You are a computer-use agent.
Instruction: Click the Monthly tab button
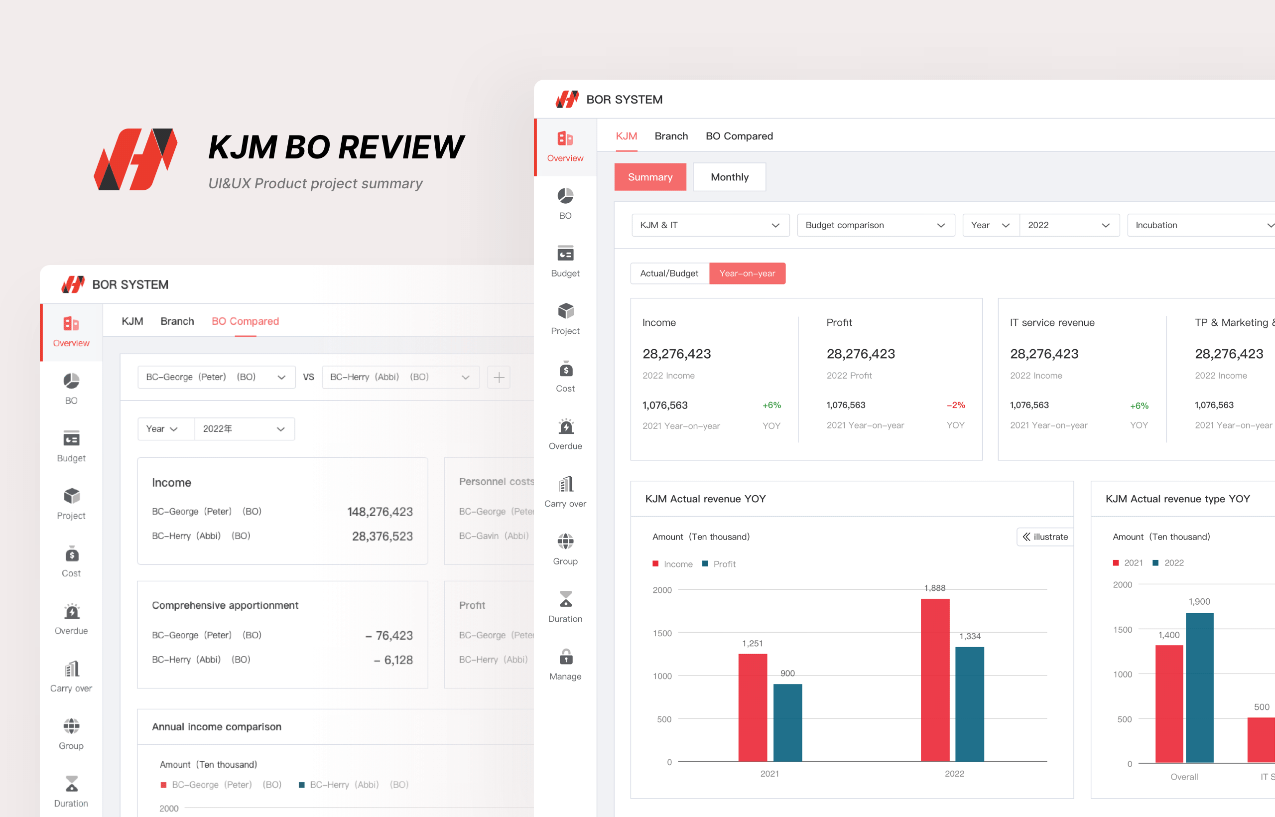pyautogui.click(x=729, y=177)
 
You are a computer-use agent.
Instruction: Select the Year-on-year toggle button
pyautogui.click(x=747, y=273)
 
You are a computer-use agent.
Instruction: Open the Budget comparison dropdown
pyautogui.click(x=876, y=225)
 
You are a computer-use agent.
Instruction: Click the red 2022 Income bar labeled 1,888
pyautogui.click(x=935, y=680)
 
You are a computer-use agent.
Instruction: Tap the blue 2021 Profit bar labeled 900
pyautogui.click(x=787, y=722)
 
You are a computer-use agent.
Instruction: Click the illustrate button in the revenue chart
pyautogui.click(x=1045, y=537)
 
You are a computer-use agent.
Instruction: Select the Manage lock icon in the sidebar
pyautogui.click(x=565, y=657)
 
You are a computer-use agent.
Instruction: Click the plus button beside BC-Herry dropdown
pyautogui.click(x=499, y=377)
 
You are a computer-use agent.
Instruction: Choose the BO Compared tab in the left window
pyautogui.click(x=245, y=321)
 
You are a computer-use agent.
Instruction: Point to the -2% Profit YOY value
pyautogui.click(x=956, y=406)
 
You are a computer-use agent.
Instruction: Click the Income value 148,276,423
pyautogui.click(x=380, y=512)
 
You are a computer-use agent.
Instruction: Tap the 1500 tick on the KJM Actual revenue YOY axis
pyautogui.click(x=662, y=633)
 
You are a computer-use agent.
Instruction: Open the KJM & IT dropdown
pyautogui.click(x=710, y=225)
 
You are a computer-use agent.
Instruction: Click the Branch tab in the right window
pyautogui.click(x=671, y=136)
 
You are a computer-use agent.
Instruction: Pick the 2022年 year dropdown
pyautogui.click(x=245, y=428)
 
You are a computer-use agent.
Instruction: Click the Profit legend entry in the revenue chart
pyautogui.click(x=719, y=564)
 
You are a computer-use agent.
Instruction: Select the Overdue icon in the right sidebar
pyautogui.click(x=565, y=426)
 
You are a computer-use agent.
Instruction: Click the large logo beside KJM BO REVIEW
pyautogui.click(x=136, y=159)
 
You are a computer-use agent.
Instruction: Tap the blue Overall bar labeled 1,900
pyautogui.click(x=1199, y=687)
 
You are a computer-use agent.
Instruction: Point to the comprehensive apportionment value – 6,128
pyautogui.click(x=393, y=660)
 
